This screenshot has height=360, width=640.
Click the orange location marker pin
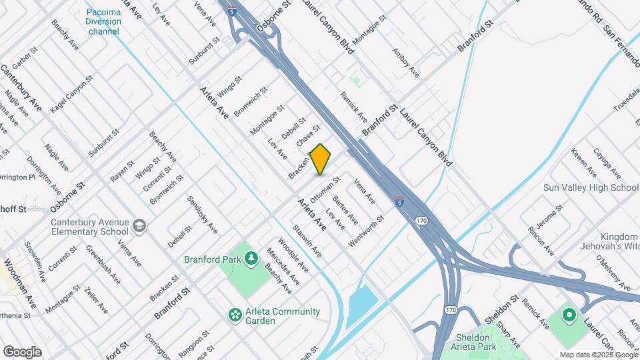click(x=321, y=159)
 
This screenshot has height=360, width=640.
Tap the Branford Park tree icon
click(x=251, y=257)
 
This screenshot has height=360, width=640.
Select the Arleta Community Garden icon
click(x=235, y=314)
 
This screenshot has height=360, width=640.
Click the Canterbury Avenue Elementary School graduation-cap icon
click(x=139, y=226)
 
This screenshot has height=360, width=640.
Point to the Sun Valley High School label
click(x=591, y=188)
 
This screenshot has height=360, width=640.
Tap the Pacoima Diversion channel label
click(x=104, y=21)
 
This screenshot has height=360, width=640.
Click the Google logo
click(x=22, y=352)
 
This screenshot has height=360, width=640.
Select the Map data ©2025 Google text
click(x=599, y=355)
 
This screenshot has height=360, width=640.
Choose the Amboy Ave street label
click(x=405, y=62)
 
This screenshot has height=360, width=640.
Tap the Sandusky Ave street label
click(x=203, y=215)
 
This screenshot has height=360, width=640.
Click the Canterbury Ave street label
click(x=21, y=87)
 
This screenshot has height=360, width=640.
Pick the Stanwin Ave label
click(x=307, y=241)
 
